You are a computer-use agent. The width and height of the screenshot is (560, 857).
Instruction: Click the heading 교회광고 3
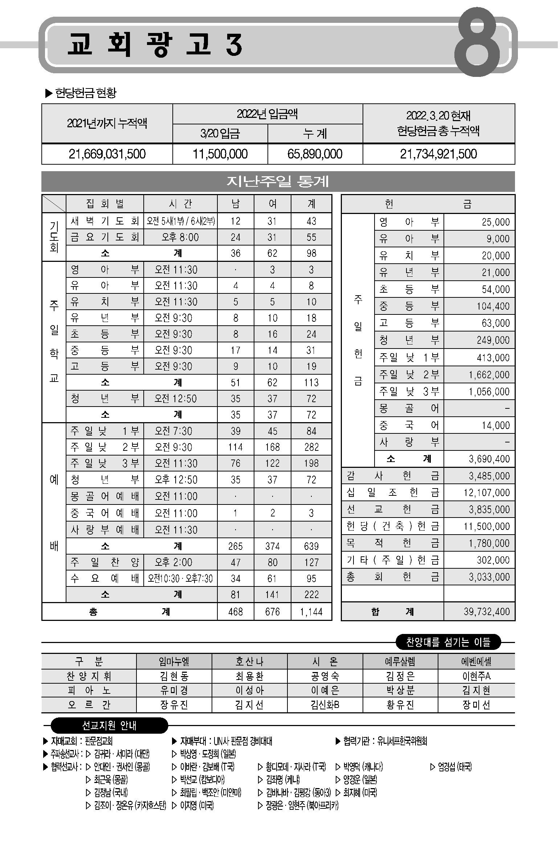click(x=154, y=45)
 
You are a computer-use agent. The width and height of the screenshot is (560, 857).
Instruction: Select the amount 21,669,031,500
click(x=107, y=154)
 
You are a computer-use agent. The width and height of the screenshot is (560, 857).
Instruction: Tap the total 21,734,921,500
click(x=438, y=154)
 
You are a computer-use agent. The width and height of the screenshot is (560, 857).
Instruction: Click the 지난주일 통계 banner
click(x=278, y=181)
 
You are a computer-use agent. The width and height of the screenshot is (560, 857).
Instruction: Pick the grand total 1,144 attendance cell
click(x=311, y=612)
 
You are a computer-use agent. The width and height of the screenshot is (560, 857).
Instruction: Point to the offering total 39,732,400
click(x=487, y=612)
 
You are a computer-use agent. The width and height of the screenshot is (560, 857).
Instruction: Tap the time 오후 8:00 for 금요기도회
click(x=180, y=237)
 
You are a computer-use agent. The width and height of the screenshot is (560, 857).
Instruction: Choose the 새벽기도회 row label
click(x=105, y=221)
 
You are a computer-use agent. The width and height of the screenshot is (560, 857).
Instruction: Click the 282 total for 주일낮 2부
click(x=311, y=447)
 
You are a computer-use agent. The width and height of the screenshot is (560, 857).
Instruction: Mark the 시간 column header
click(x=180, y=204)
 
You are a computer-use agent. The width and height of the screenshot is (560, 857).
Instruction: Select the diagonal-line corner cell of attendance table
click(x=54, y=204)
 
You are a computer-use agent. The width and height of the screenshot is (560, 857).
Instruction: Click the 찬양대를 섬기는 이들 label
click(x=448, y=642)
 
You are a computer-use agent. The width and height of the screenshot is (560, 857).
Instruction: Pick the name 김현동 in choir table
click(x=174, y=676)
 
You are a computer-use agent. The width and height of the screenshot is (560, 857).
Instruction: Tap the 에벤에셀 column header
click(x=476, y=662)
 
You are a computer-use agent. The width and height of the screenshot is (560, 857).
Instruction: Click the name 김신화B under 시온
click(x=325, y=705)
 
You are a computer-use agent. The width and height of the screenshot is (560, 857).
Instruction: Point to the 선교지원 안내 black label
click(x=109, y=725)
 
